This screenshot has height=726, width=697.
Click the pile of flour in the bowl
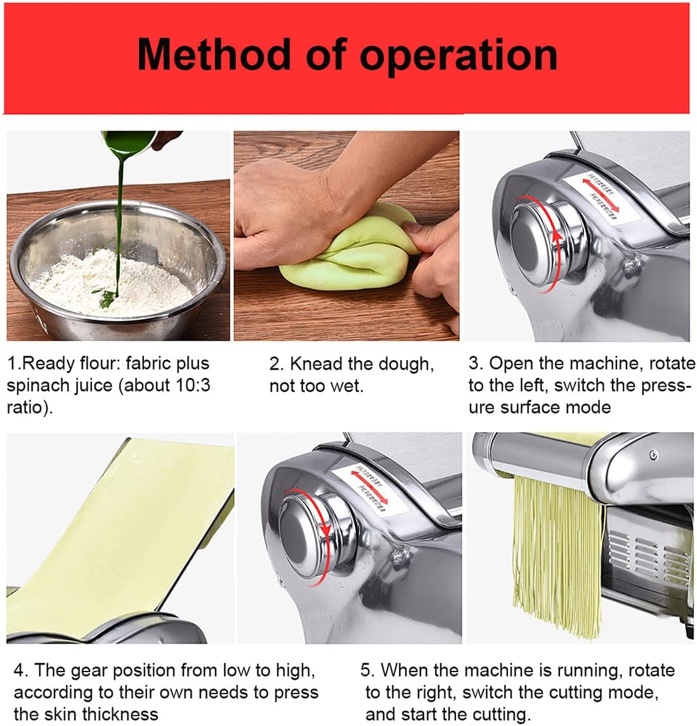click(x=111, y=282)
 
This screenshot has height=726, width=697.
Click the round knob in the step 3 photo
click(x=545, y=238)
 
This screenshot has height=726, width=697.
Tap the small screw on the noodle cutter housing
click(x=653, y=453)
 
